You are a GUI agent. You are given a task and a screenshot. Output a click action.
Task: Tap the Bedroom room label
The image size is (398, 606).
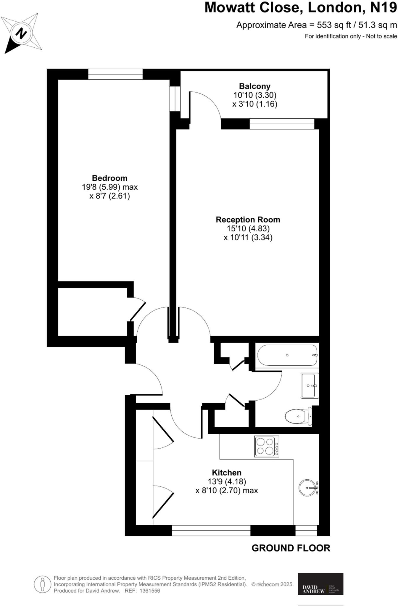coord(109,178)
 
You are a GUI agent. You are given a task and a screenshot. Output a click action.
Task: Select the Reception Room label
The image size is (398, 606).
coord(248,220)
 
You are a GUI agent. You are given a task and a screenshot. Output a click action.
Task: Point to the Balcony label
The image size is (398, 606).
coord(254,86)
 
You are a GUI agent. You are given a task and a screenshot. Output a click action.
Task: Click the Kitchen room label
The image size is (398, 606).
coord(226,473)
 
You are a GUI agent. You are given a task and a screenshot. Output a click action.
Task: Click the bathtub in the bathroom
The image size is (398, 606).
coord(287,355)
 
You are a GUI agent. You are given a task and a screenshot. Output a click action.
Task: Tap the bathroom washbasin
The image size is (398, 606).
coord(310,386)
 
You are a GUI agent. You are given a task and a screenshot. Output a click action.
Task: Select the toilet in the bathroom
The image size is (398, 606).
coord(298,416)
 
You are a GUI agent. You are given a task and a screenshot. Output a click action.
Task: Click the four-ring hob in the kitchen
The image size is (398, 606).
coord(267,446)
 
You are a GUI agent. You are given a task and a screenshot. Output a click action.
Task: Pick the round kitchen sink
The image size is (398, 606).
coord(307,487)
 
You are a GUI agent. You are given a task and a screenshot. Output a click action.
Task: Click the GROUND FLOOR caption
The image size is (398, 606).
coord(291,548)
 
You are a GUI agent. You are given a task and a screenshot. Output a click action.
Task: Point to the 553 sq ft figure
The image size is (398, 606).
coord(334,25)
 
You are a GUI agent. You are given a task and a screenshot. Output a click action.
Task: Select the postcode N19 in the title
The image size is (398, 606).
coord(384,8)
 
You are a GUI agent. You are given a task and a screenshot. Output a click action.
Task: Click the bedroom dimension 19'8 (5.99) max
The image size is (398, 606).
coord(109,187)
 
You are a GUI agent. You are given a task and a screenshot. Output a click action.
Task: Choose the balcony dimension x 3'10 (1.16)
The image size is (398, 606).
coord(254,104)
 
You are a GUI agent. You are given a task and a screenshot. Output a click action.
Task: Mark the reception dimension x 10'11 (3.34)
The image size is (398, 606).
coord(248,237)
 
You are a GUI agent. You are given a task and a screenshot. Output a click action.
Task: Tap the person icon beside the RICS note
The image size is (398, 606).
coord(43,584)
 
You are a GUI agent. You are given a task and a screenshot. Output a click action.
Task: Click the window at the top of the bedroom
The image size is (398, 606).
coord(115,74)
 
